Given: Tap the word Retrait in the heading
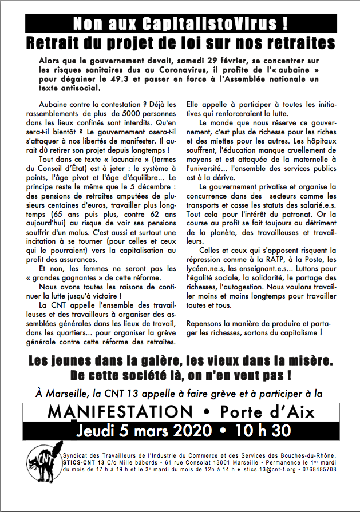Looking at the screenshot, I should (59, 43).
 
